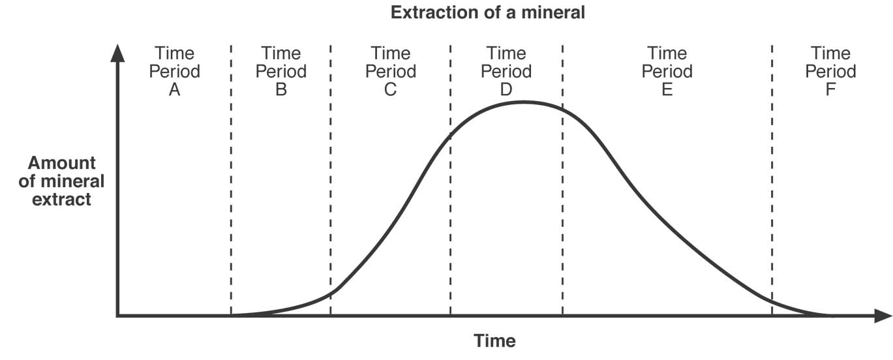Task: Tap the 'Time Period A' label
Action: click(174, 71)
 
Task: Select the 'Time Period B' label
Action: click(281, 71)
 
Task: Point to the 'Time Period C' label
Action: click(391, 71)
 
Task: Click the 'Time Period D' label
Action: click(506, 71)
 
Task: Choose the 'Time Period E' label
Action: click(667, 71)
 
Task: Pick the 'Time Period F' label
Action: click(830, 71)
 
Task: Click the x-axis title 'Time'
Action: click(494, 340)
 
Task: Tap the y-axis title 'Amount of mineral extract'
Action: click(61, 181)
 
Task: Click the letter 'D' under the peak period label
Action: click(506, 89)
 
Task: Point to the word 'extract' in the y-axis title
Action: click(62, 200)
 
